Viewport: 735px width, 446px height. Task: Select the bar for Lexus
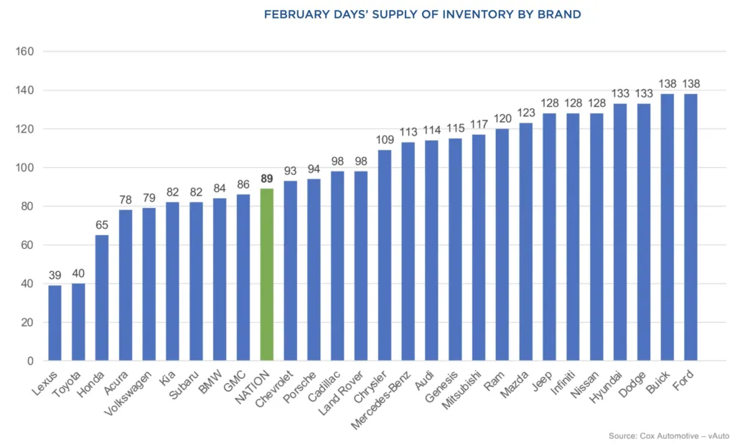55,323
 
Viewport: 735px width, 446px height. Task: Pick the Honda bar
102,298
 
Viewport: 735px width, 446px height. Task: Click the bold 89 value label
267,179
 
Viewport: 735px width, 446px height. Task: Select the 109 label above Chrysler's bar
384,141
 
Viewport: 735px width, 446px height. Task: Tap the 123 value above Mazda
525,113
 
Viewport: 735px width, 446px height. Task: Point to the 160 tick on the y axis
26,52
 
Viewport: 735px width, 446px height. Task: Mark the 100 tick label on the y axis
26,168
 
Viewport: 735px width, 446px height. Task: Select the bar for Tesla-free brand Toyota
78,322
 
